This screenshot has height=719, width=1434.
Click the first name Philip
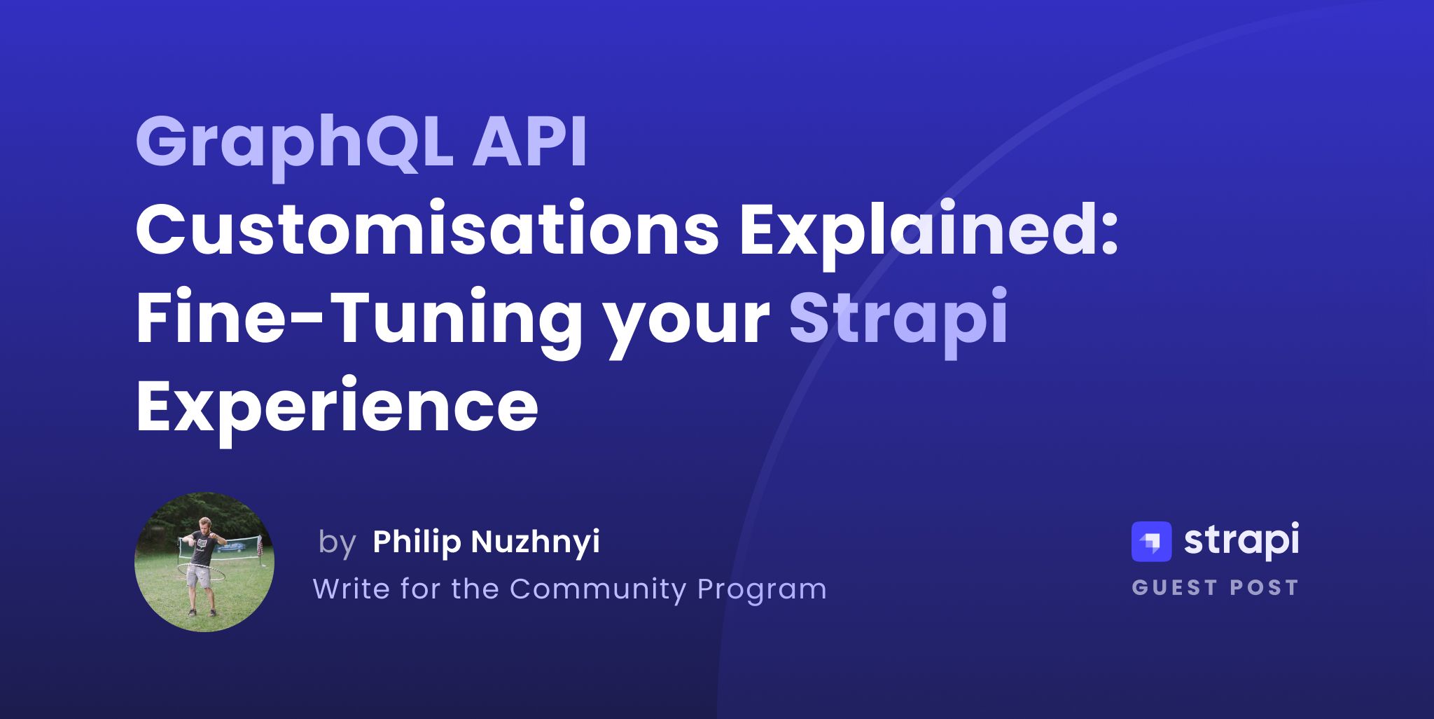[417, 541]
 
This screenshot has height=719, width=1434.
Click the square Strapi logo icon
[1151, 542]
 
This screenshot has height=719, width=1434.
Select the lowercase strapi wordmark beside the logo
[1241, 541]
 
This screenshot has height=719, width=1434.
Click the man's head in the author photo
[205, 525]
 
